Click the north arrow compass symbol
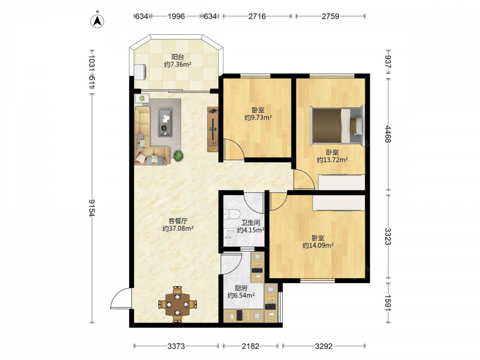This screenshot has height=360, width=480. click(x=97, y=20)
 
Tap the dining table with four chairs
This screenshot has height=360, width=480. click(x=178, y=304)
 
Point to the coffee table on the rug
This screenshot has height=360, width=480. click(x=165, y=121)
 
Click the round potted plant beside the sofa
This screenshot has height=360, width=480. click(x=179, y=156)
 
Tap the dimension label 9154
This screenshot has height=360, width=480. click(x=92, y=208)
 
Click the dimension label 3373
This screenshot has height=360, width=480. click(x=176, y=346)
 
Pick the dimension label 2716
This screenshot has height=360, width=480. click(x=257, y=16)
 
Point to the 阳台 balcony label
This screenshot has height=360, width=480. click(x=178, y=57)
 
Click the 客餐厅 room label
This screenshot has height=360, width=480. click(x=178, y=221)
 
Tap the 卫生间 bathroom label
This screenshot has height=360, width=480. click(x=251, y=223)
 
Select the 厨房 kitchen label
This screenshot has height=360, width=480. click(x=241, y=288)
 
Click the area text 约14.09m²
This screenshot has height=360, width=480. click(x=318, y=245)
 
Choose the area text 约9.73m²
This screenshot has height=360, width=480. click(x=258, y=117)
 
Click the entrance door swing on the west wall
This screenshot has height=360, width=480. click(x=121, y=298)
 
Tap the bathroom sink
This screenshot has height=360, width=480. click(x=229, y=237)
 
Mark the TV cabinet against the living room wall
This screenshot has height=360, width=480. click(x=213, y=129)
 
